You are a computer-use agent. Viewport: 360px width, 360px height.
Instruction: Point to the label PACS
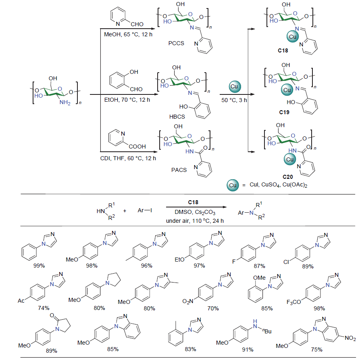pos(179,170)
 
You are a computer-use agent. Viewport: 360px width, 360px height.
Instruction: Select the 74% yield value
pos(44,308)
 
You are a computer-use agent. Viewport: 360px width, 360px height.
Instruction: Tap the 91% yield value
pos(248,350)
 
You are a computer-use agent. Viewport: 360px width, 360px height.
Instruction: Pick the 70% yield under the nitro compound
pos(213,308)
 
